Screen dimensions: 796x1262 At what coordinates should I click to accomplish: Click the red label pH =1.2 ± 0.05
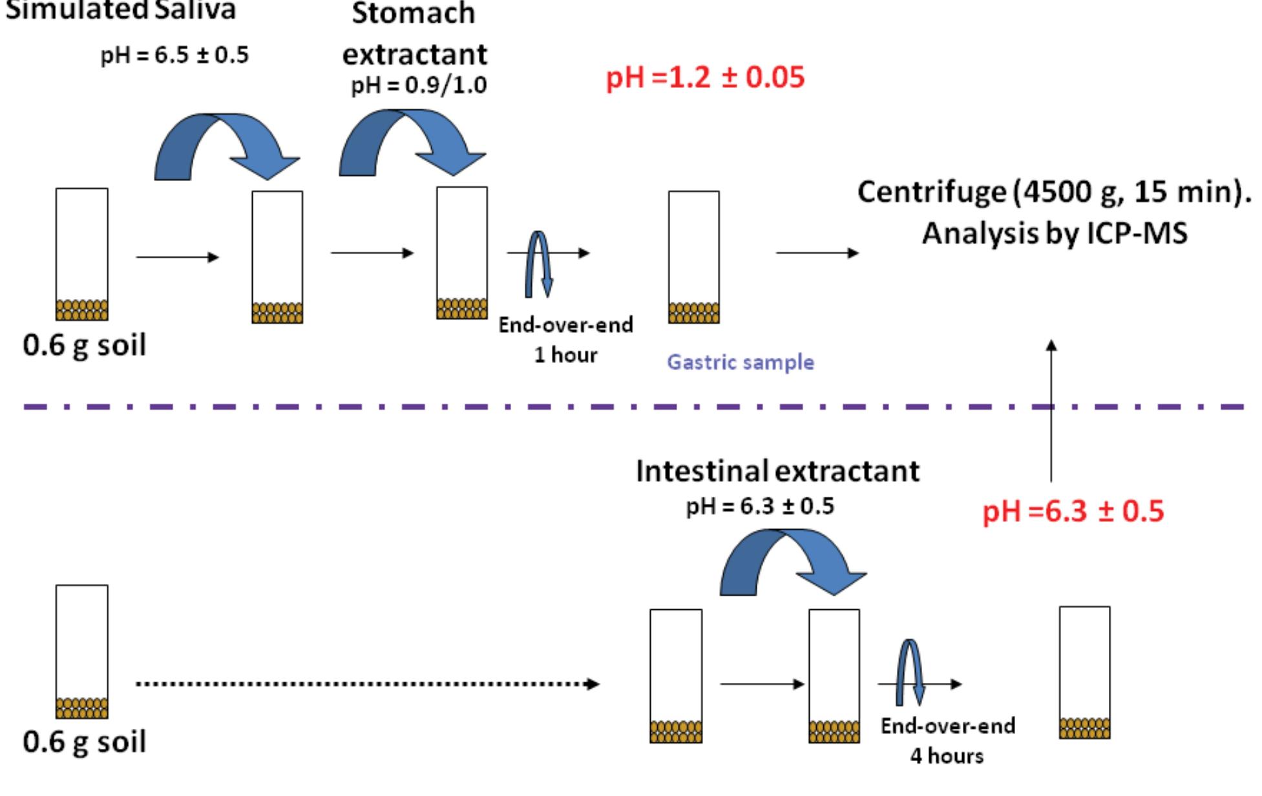click(x=705, y=78)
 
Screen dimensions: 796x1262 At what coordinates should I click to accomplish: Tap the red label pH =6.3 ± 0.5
click(x=1073, y=512)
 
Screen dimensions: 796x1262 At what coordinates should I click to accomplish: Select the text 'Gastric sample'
click(x=740, y=362)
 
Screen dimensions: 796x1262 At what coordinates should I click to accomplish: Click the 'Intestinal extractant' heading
click(x=777, y=471)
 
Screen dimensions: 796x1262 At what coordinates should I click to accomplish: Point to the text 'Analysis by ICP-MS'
click(x=1054, y=233)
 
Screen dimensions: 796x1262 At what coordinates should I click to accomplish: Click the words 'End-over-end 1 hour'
click(x=565, y=340)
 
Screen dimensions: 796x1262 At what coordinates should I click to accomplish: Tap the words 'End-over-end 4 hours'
click(x=947, y=741)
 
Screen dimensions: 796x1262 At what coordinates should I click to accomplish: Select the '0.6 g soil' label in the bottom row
click(x=84, y=742)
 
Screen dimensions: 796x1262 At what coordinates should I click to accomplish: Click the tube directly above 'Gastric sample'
click(x=693, y=257)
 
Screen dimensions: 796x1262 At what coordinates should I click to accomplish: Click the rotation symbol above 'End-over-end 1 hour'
click(x=538, y=264)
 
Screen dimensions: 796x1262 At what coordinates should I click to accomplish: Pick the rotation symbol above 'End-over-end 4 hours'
click(x=910, y=672)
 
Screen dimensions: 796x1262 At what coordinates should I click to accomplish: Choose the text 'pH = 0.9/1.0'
click(x=419, y=85)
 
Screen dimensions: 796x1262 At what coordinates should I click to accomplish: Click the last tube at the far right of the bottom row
click(x=1084, y=672)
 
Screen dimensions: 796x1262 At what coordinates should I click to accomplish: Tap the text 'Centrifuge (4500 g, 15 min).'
click(x=1054, y=193)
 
